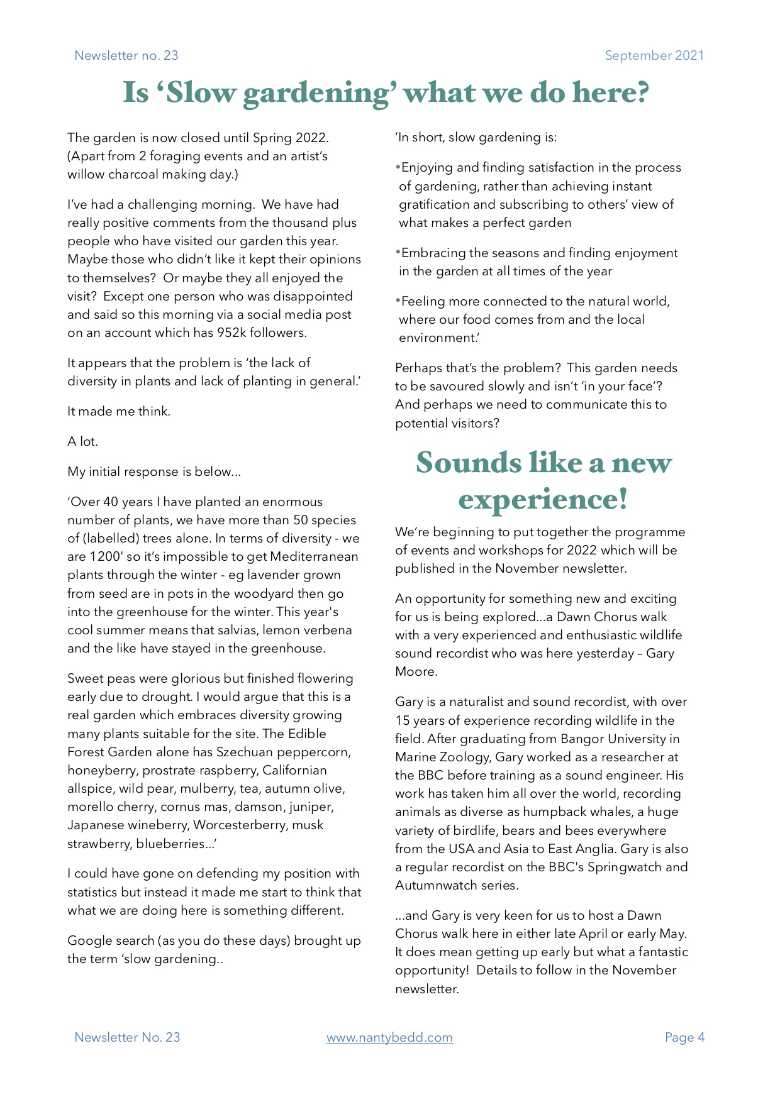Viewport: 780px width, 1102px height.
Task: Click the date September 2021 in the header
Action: (x=654, y=55)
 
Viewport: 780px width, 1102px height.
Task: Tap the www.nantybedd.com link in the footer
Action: (x=389, y=1037)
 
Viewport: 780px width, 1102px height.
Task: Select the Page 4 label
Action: (x=684, y=1037)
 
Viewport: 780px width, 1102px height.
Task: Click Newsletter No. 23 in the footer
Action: (x=127, y=1037)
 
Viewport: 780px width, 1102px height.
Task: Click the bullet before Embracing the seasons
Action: (x=398, y=253)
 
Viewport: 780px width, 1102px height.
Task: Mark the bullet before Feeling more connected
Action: (x=398, y=301)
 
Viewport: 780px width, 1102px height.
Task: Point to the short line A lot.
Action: (x=82, y=441)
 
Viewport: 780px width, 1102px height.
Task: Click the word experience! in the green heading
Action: (x=543, y=499)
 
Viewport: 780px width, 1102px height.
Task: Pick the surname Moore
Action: (x=415, y=671)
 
